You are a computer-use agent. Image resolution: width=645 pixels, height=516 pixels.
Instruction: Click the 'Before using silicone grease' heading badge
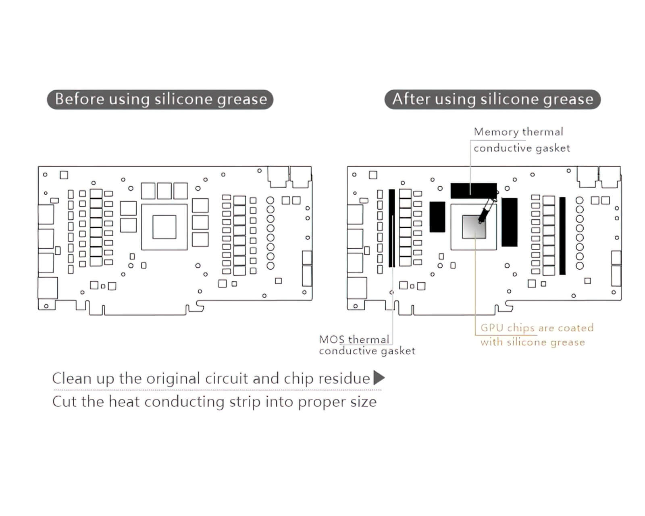[x=160, y=99]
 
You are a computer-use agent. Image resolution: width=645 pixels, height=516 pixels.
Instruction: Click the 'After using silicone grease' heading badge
[x=492, y=99]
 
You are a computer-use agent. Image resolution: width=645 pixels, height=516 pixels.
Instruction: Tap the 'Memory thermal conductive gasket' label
[x=521, y=140]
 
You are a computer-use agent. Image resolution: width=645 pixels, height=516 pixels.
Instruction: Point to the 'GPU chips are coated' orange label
[x=537, y=328]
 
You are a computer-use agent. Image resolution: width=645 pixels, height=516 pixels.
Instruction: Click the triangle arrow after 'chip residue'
[x=379, y=378]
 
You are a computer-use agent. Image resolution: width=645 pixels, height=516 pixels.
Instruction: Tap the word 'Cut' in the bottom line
[x=64, y=402]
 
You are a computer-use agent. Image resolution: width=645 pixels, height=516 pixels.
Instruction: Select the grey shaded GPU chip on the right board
[x=474, y=227]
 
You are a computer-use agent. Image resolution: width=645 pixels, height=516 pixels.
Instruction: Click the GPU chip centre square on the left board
[x=164, y=227]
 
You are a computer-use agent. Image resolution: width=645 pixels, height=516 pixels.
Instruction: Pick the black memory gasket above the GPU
[x=473, y=191]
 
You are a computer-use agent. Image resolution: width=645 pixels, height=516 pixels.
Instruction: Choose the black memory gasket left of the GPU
[x=437, y=217]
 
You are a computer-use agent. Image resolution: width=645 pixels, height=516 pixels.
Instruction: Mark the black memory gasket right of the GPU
[x=509, y=222]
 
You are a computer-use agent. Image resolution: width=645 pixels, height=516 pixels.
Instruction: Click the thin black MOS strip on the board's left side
[x=391, y=228]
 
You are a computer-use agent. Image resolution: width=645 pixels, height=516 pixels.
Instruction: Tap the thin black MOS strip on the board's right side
[x=562, y=236]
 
